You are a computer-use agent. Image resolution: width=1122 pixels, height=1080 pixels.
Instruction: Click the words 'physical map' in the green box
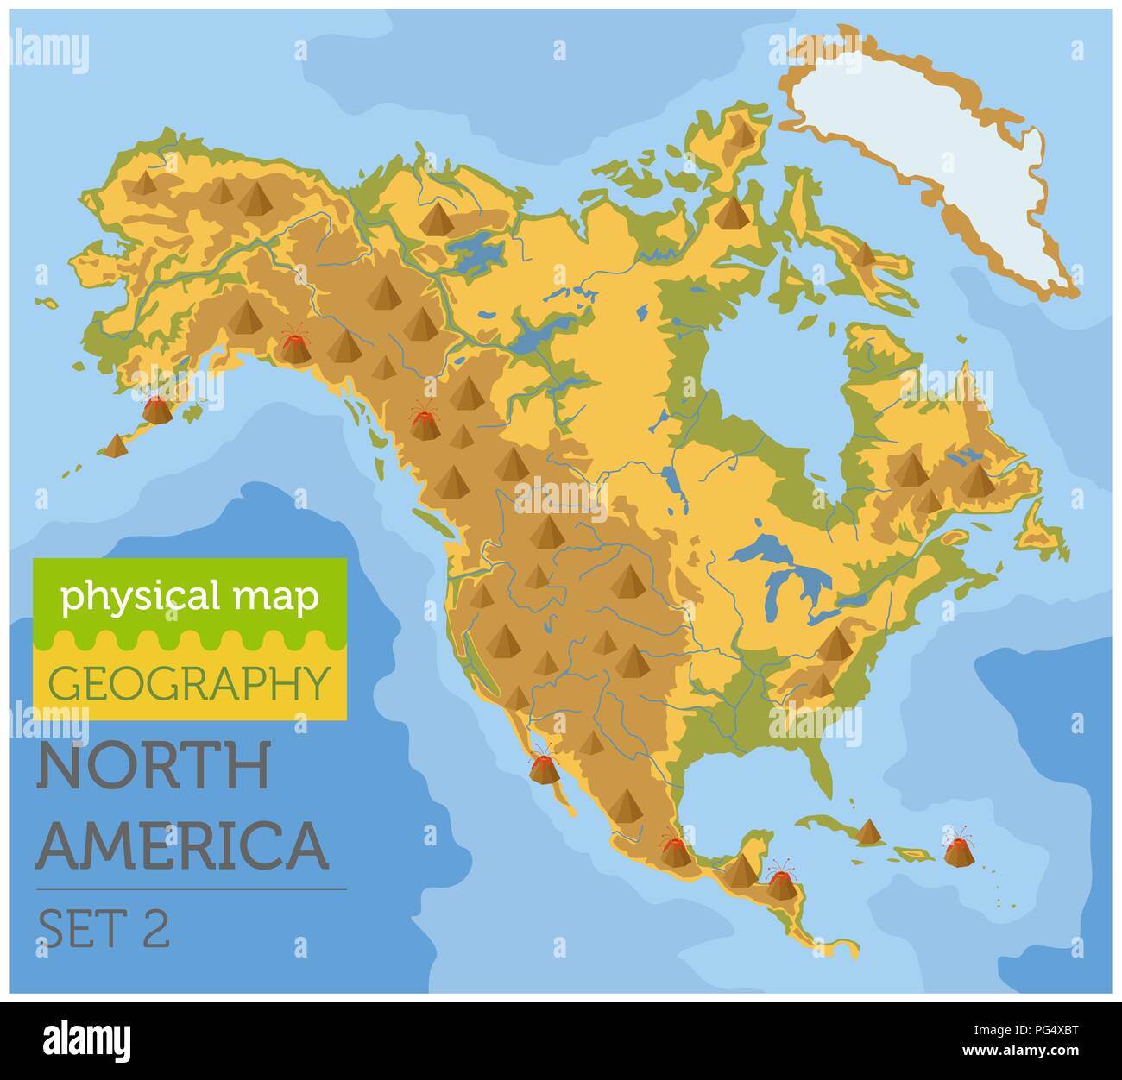coord(190,597)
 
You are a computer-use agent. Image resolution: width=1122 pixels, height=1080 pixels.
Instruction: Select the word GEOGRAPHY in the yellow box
coord(190,682)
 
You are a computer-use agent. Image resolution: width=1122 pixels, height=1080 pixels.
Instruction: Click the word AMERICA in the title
coord(182,845)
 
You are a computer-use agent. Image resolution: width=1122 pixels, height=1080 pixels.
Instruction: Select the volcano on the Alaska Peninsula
coord(157,408)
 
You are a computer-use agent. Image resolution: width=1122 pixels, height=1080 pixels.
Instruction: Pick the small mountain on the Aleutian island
coord(116,445)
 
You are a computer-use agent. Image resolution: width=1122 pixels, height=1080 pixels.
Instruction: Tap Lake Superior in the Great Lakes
coord(764,549)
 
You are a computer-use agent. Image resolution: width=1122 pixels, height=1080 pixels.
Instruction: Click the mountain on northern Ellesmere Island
coord(740,131)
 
